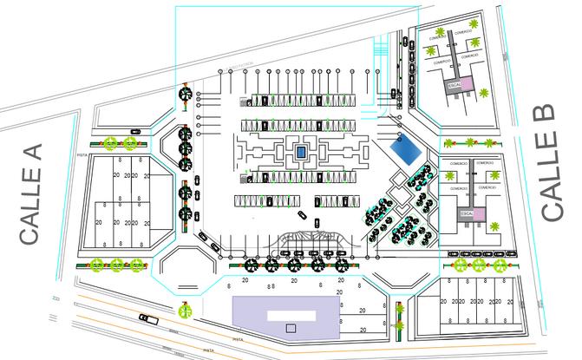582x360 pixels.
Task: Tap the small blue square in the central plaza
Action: pos(300,152)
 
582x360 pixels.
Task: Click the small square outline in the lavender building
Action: pos(291,328)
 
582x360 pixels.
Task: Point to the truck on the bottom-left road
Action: pos(149,318)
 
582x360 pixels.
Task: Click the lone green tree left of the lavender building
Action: pos(185,310)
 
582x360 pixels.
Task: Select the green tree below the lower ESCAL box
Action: pos(493,228)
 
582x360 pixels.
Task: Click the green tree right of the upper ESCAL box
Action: pos(483,89)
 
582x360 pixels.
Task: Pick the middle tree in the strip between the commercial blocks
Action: pos(471,142)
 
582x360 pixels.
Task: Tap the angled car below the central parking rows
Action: pos(301,215)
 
